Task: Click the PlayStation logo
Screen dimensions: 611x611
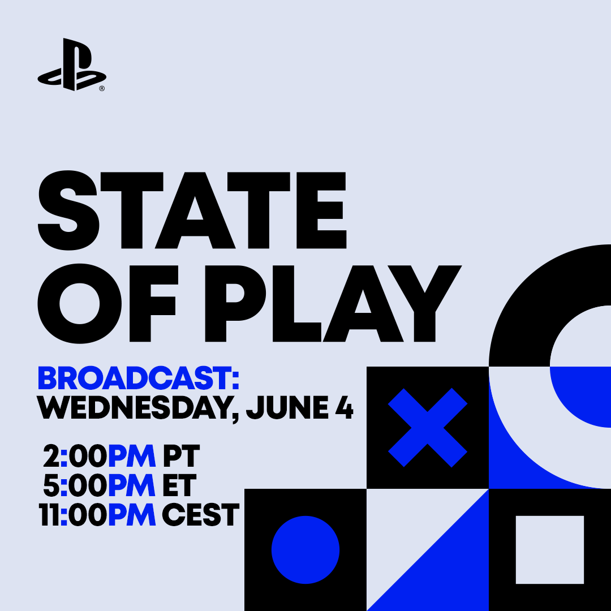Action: click(72, 64)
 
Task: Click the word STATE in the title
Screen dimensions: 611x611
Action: click(192, 210)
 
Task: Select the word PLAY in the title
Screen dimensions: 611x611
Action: click(333, 304)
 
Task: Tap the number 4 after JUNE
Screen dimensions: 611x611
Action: click(345, 407)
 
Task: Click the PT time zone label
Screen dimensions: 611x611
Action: click(181, 456)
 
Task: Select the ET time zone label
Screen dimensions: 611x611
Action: click(179, 485)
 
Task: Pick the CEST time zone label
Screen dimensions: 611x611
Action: click(200, 515)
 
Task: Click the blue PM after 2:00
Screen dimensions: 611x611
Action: click(132, 456)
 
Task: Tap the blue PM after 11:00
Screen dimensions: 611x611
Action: click(132, 515)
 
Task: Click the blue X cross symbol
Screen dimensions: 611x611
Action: click(428, 428)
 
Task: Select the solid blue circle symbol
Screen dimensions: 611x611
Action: click(305, 550)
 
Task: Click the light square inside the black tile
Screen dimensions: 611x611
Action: click(550, 550)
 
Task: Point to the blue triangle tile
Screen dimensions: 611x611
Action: click(448, 570)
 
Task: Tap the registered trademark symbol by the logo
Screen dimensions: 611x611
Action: click(102, 89)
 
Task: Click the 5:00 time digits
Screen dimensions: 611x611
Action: click(75, 485)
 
